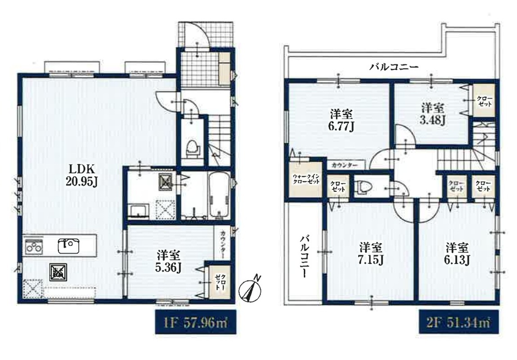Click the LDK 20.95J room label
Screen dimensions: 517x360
pyautogui.click(x=81, y=175)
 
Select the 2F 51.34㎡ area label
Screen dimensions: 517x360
pyautogui.click(x=459, y=322)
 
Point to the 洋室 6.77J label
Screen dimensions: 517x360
pyautogui.click(x=342, y=120)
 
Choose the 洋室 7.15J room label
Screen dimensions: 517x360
pyautogui.click(x=371, y=253)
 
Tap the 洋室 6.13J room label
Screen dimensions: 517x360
pyautogui.click(x=457, y=253)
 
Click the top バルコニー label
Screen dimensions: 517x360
pyautogui.click(x=394, y=67)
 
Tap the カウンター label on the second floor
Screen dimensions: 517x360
pyautogui.click(x=345, y=165)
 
